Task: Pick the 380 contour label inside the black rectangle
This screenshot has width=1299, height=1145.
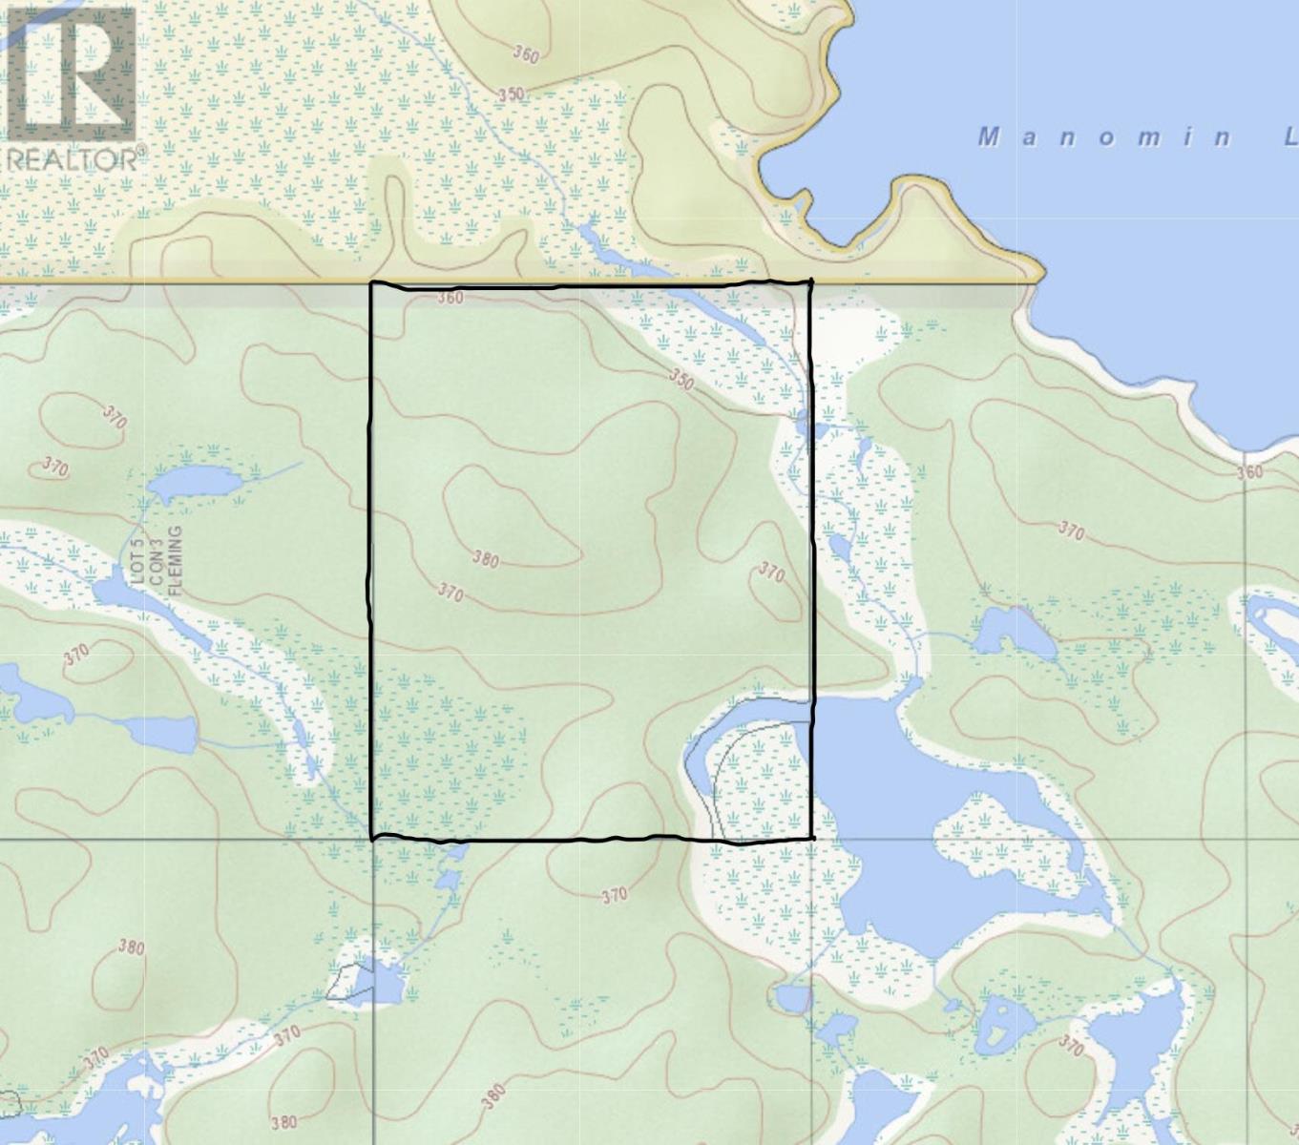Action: (x=485, y=558)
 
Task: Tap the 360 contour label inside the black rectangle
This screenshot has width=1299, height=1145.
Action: (x=450, y=298)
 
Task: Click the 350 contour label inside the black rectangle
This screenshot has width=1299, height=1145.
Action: (x=681, y=380)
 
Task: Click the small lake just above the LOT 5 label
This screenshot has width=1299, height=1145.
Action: (x=196, y=483)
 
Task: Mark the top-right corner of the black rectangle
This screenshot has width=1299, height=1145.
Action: (x=810, y=282)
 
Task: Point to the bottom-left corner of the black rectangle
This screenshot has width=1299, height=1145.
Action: (x=372, y=838)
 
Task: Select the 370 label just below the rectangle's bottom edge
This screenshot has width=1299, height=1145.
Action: (x=615, y=895)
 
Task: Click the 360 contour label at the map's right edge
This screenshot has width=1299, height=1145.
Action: (x=1248, y=471)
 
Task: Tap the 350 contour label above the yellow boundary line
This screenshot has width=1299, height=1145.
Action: (x=512, y=94)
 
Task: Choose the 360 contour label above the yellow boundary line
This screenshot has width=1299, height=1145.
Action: (x=525, y=53)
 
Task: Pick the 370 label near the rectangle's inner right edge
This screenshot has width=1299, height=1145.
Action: (x=771, y=572)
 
